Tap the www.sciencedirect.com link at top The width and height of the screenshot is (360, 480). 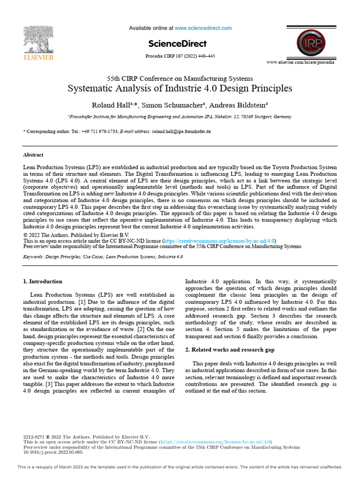point(203,28)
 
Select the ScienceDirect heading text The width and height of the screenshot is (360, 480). point(177,44)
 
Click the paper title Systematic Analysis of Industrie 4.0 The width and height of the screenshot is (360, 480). point(180,88)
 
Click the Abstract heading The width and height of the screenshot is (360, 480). point(33,155)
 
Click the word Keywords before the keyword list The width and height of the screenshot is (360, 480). point(33,257)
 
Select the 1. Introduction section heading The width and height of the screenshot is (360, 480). point(43,282)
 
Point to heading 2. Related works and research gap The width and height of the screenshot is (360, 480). point(230,350)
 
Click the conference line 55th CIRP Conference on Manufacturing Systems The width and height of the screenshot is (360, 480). point(180,78)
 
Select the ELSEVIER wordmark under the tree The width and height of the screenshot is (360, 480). point(38,58)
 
